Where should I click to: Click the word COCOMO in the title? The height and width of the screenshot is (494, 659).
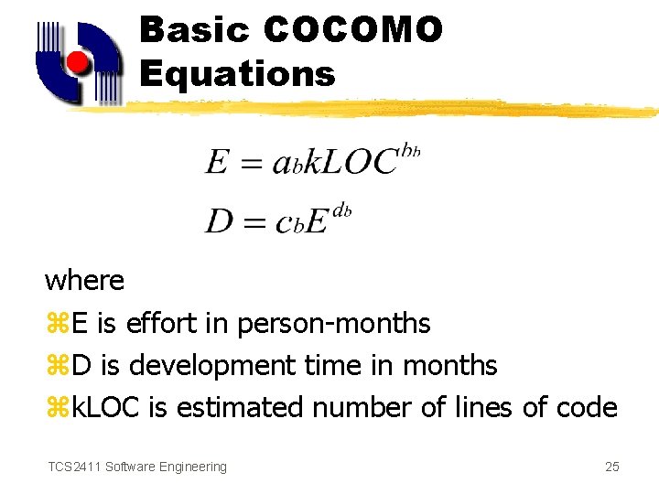[353, 30]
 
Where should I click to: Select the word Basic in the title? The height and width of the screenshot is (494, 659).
[194, 30]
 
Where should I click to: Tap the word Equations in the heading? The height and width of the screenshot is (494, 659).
[238, 73]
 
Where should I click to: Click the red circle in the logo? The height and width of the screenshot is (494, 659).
[78, 63]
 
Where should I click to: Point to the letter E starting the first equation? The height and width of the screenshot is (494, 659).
[217, 163]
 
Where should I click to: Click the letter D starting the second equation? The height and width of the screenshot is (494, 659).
[219, 221]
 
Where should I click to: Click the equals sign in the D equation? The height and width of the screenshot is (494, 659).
[256, 222]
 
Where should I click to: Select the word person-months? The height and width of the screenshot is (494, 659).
[333, 323]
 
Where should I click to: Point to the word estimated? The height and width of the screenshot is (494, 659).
[241, 407]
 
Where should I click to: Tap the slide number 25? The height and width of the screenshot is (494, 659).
[612, 467]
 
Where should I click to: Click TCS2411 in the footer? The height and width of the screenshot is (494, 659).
[74, 467]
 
